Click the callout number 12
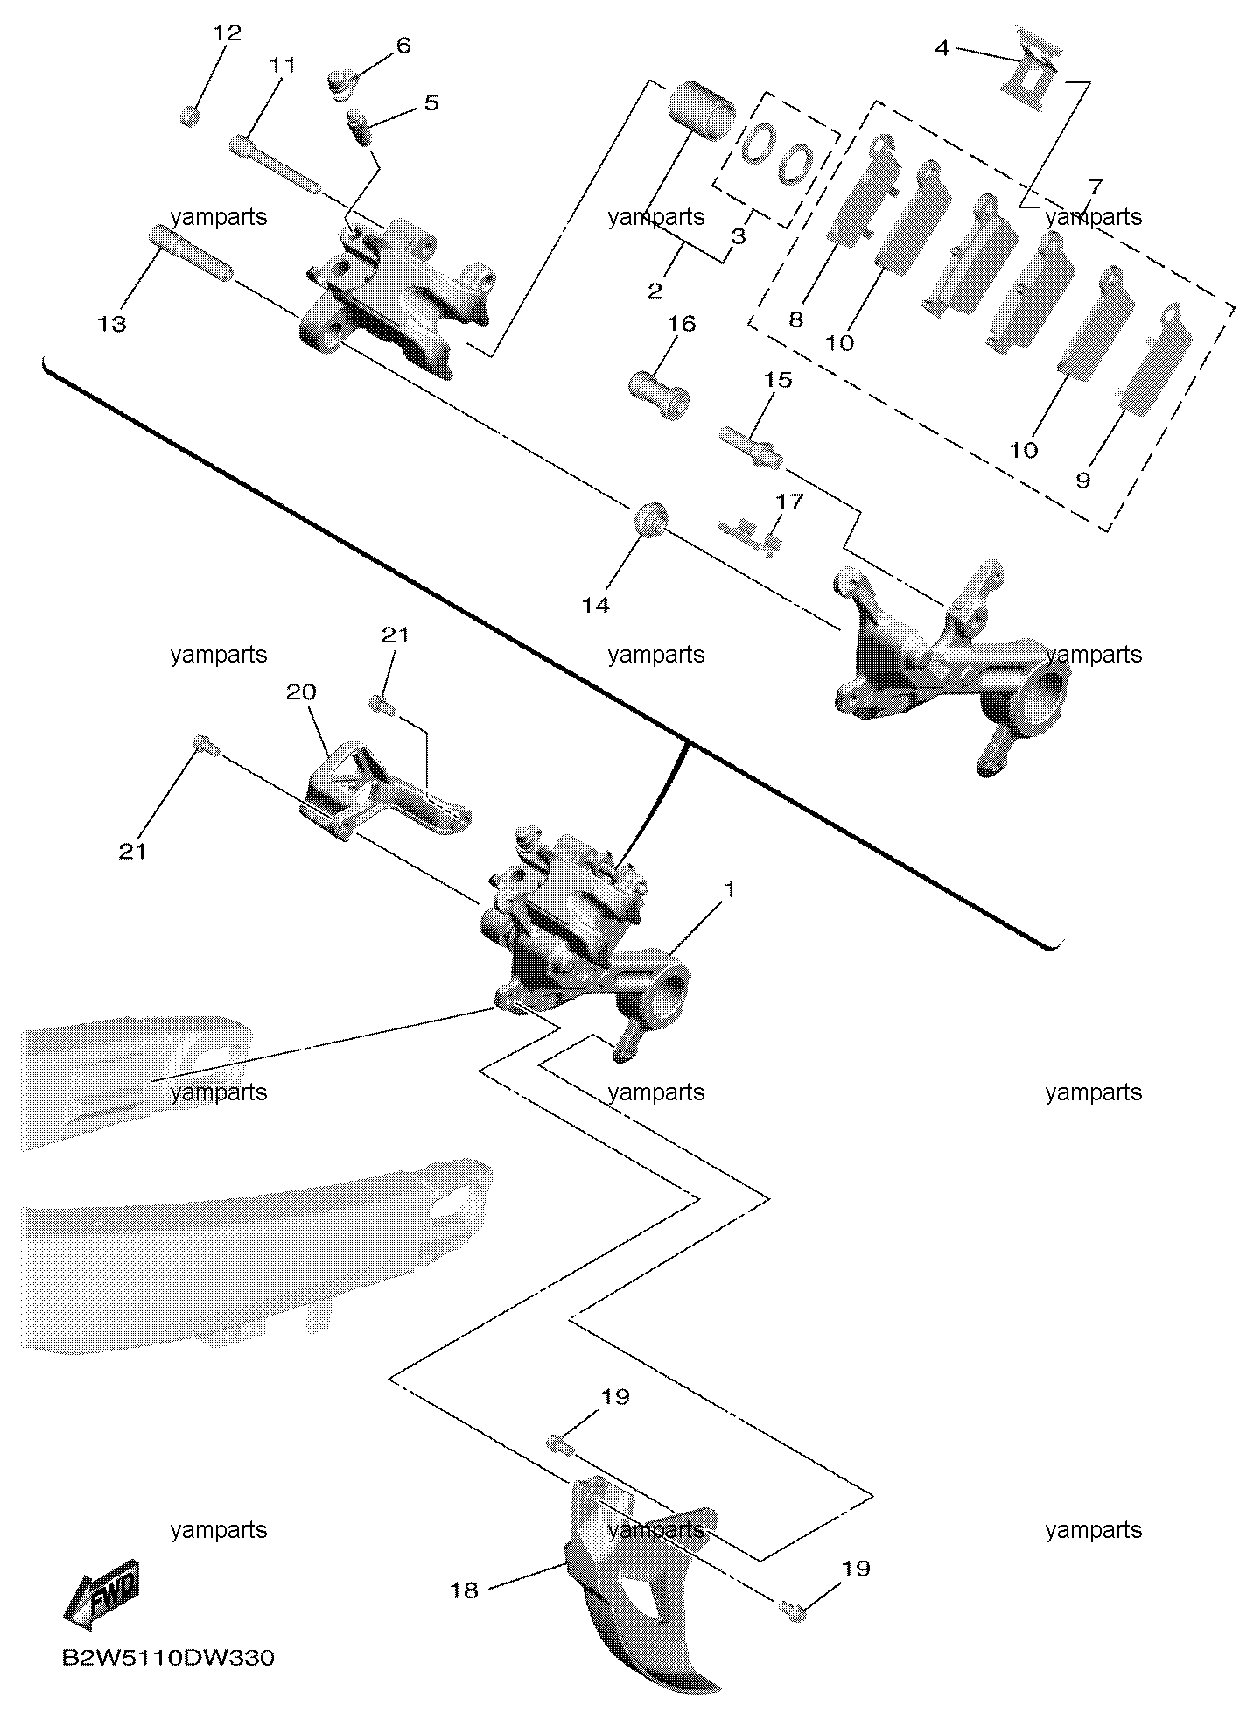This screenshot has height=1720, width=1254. (x=226, y=34)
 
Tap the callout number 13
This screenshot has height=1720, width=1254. (x=112, y=324)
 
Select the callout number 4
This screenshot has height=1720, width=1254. (x=942, y=48)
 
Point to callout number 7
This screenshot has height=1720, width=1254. (x=1096, y=186)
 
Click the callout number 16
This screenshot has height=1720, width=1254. (x=682, y=324)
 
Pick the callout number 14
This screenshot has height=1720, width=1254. (x=596, y=605)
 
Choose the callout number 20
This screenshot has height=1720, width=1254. (x=300, y=692)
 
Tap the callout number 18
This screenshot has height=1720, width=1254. (x=465, y=1590)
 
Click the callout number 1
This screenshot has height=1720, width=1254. (x=729, y=890)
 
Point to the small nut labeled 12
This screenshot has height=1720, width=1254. (x=190, y=116)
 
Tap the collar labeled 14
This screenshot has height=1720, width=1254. (x=651, y=520)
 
